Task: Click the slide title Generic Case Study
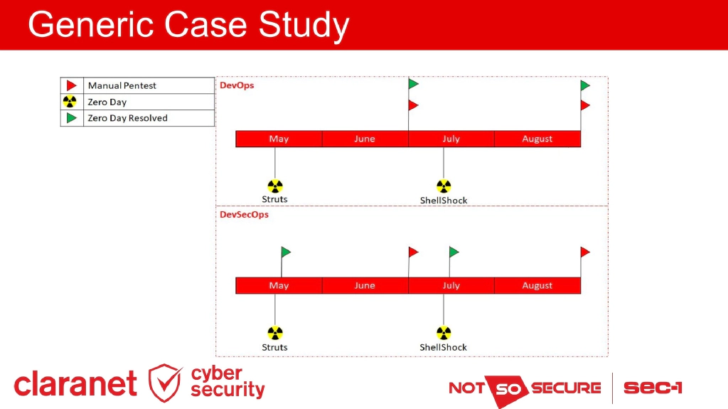pyautogui.click(x=188, y=25)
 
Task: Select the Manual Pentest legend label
pyautogui.click(x=122, y=85)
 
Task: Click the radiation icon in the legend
pyautogui.click(x=70, y=102)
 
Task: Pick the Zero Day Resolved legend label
pyautogui.click(x=127, y=118)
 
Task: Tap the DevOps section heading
pyautogui.click(x=237, y=85)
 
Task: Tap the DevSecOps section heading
pyautogui.click(x=244, y=214)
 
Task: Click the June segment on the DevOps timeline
pyautogui.click(x=365, y=139)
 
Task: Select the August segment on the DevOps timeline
pyautogui.click(x=537, y=139)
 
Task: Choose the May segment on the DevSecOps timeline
pyautogui.click(x=279, y=285)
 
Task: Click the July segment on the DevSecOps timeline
pyautogui.click(x=451, y=285)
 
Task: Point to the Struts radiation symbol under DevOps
pyautogui.click(x=275, y=186)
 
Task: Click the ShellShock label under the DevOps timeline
pyautogui.click(x=444, y=201)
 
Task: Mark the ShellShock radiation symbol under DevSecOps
pyautogui.click(x=444, y=333)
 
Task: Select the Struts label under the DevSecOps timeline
pyautogui.click(x=274, y=347)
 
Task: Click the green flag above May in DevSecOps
pyautogui.click(x=286, y=252)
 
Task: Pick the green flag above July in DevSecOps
pyautogui.click(x=454, y=252)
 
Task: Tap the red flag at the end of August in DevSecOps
pyautogui.click(x=585, y=252)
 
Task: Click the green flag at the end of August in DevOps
pyautogui.click(x=585, y=85)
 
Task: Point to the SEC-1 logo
pyautogui.click(x=653, y=388)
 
